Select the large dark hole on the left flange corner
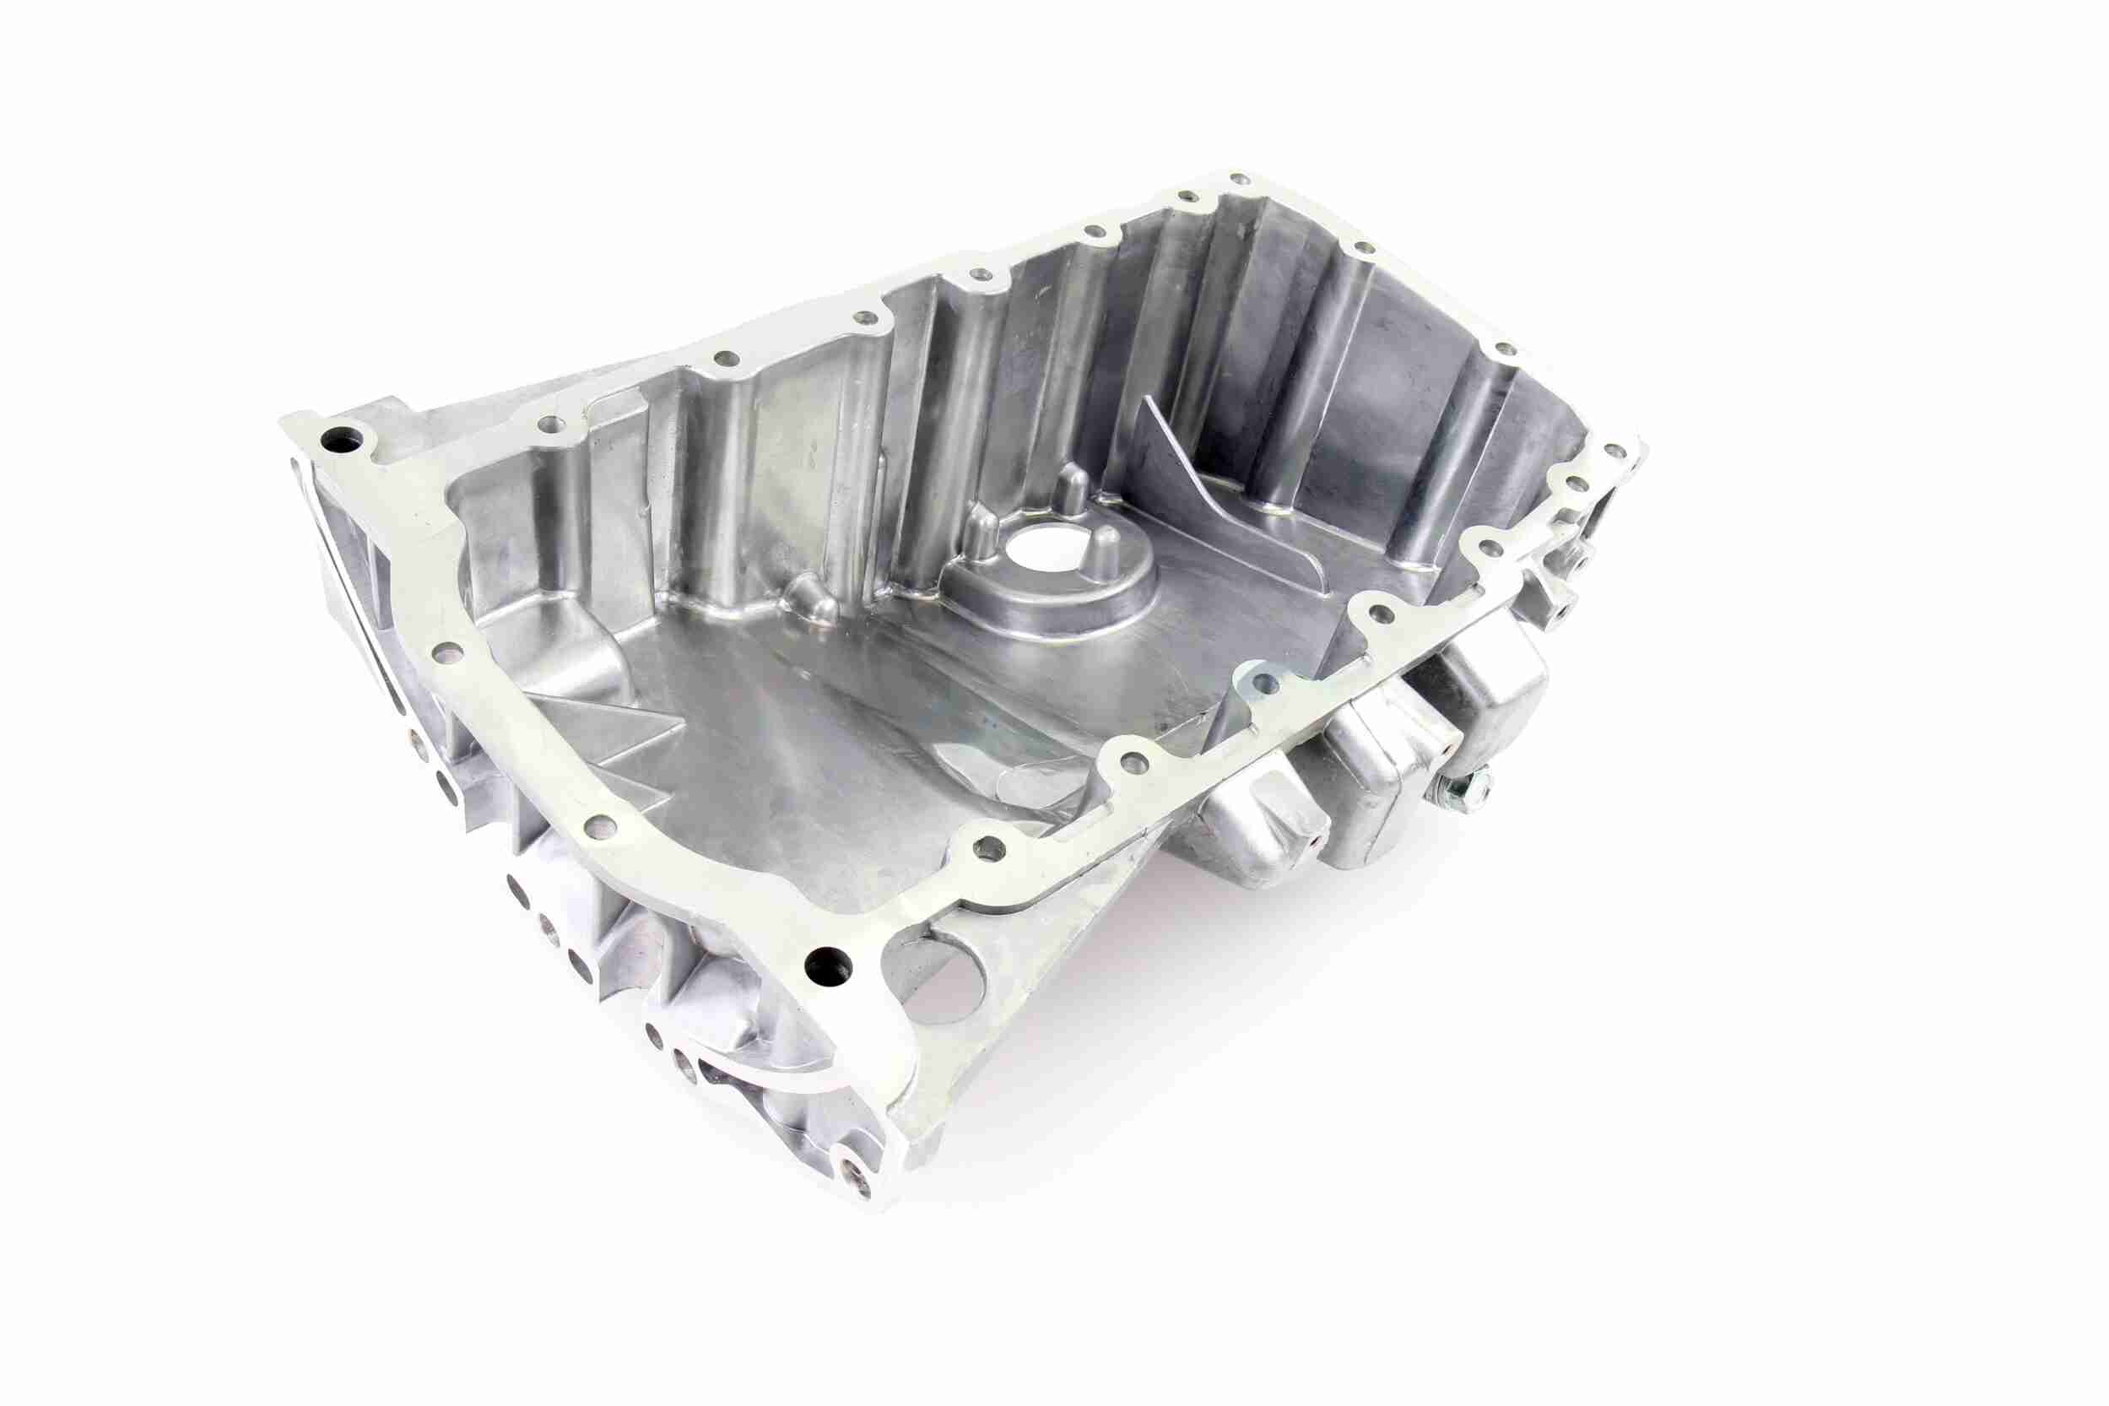(x=343, y=441)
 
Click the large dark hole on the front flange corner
(x=825, y=965)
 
